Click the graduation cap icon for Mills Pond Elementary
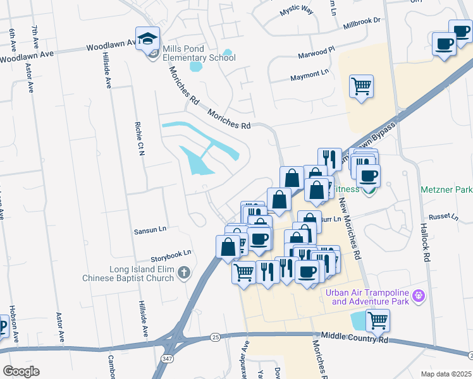(147, 39)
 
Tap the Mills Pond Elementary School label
(199, 53)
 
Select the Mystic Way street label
(297, 11)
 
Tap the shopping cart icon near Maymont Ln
(361, 85)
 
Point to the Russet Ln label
(443, 217)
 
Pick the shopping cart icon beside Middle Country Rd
(378, 320)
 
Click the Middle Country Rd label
(354, 339)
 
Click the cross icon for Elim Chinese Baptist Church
(183, 274)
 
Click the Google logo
(21, 371)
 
